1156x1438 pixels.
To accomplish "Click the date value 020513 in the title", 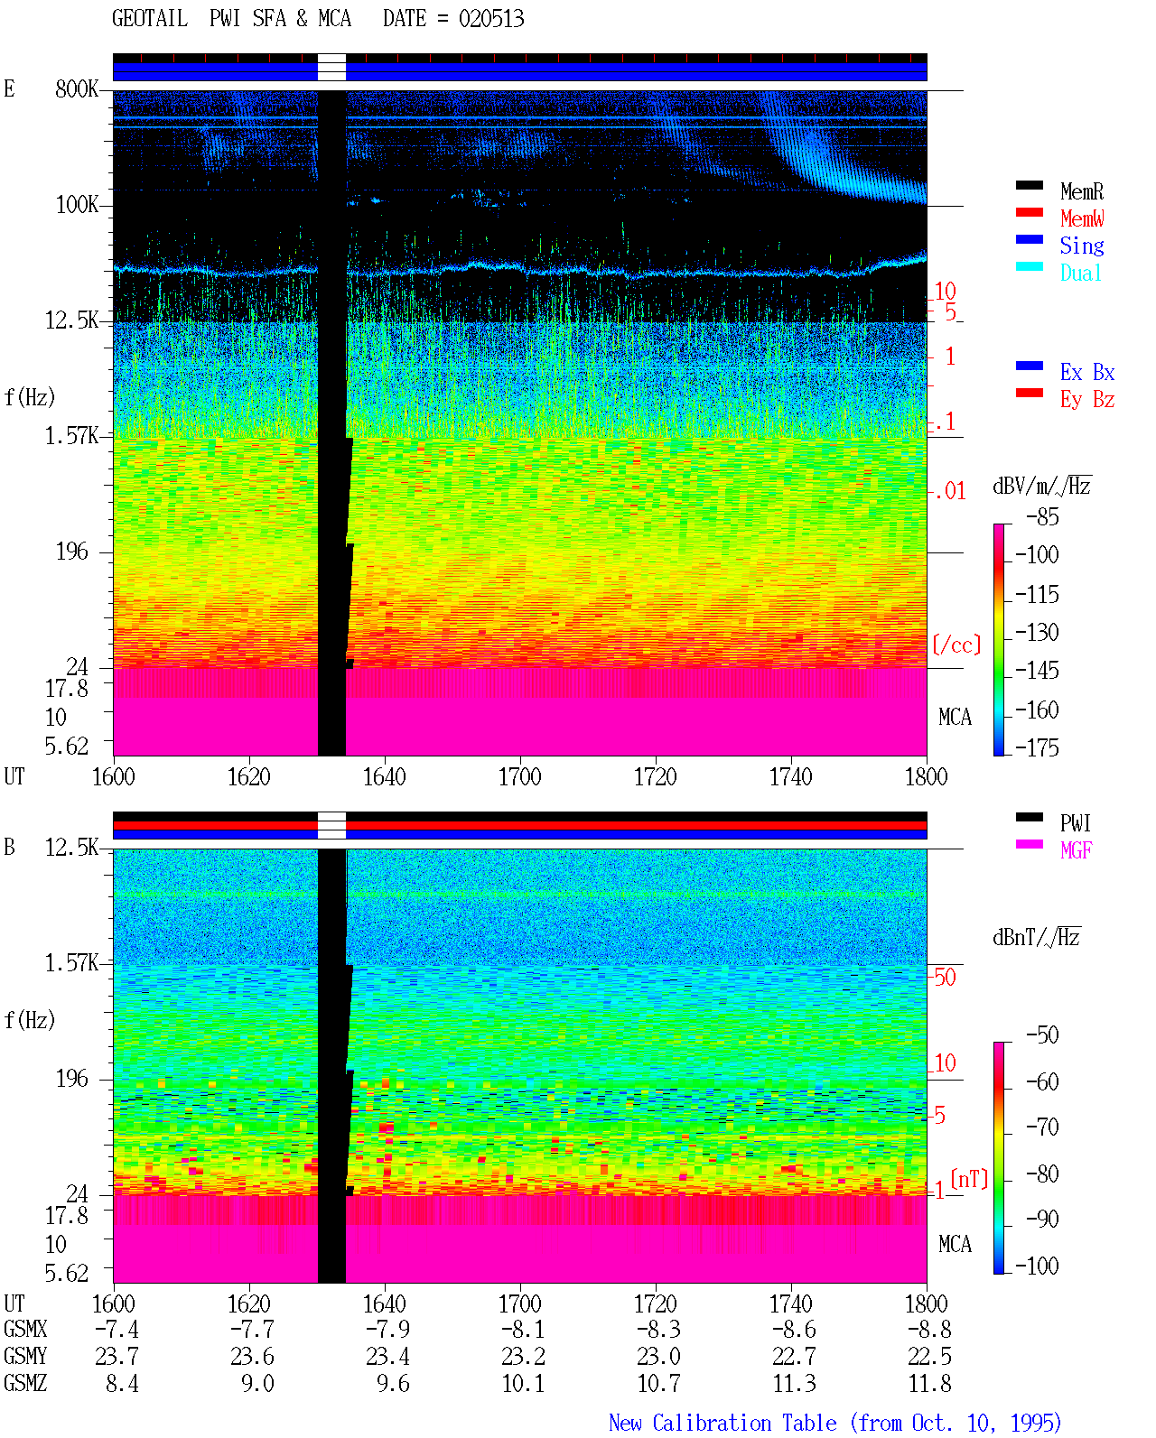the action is tap(490, 19).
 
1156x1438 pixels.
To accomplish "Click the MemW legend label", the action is tap(1082, 218).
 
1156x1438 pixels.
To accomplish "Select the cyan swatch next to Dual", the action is tap(1029, 266).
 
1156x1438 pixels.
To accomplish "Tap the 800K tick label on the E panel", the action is tap(77, 88).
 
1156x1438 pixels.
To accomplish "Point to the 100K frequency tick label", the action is tap(77, 205).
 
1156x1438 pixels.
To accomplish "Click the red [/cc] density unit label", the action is tap(956, 645).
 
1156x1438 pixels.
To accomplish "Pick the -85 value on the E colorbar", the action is tap(1042, 517).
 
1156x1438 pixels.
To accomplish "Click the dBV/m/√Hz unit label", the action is tap(1041, 486).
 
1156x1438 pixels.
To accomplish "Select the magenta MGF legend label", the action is tap(1076, 850).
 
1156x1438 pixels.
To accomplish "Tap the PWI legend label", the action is tap(1075, 822).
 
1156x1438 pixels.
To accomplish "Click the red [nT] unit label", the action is tap(969, 1178).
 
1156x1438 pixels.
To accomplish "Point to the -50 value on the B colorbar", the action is tap(1042, 1035).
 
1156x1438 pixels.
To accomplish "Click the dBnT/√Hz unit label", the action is tap(1036, 938).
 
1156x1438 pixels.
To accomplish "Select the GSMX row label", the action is tap(25, 1329).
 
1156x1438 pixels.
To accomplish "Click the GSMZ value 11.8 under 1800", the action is tap(929, 1383).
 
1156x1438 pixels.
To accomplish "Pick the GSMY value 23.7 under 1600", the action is tap(117, 1356).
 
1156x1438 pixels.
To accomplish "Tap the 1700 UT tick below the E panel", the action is tap(519, 777).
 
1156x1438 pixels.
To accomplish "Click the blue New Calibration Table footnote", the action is tap(834, 1423).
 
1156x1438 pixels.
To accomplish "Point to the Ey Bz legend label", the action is tap(1087, 400).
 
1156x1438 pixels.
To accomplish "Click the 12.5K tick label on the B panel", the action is tap(71, 848).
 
